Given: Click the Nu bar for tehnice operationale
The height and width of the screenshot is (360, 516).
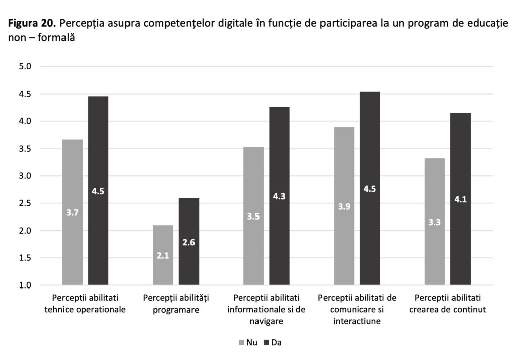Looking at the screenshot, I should coord(72,212).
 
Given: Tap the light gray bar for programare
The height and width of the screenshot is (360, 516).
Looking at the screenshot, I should coord(163,255).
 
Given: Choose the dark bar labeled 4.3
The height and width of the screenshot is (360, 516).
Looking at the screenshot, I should coord(279,196).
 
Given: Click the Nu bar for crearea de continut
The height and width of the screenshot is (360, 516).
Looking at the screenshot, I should coord(435,222).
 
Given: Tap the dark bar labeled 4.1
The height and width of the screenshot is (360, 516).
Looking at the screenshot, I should coord(461,199).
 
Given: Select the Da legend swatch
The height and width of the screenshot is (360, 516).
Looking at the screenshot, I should coord(267,343).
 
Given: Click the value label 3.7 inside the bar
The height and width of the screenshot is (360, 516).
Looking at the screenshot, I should coord(72,212).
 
